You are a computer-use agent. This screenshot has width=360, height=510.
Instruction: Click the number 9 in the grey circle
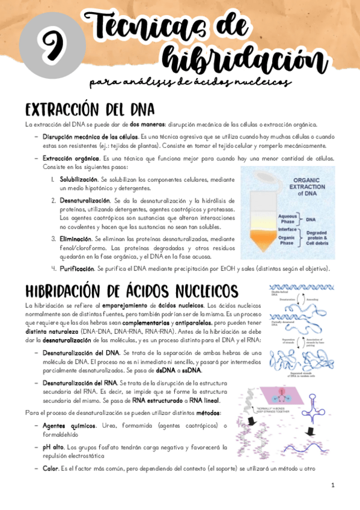(49, 45)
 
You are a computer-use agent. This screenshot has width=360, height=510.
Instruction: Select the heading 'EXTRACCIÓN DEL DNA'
(82, 110)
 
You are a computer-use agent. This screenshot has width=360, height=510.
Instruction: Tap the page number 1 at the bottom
(332, 485)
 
